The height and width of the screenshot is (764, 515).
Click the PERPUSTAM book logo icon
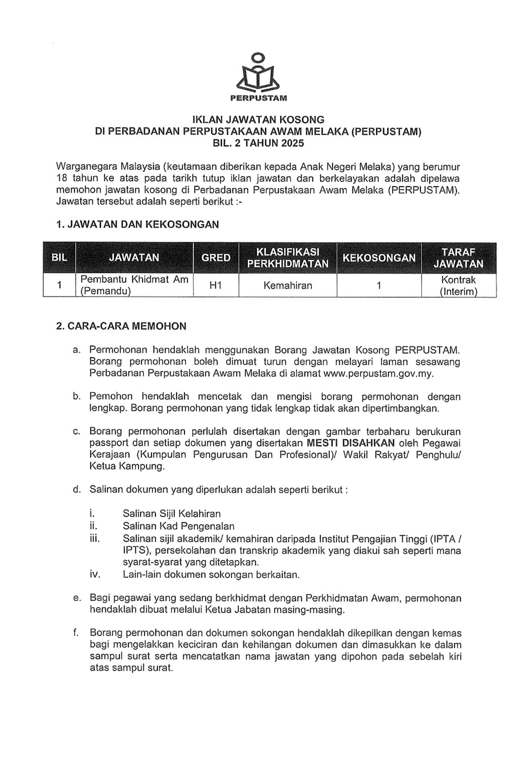click(x=258, y=73)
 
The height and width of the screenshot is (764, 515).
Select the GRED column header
click(x=216, y=258)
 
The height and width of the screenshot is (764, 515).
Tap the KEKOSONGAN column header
click(x=379, y=258)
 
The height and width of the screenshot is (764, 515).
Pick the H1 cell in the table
click(x=216, y=286)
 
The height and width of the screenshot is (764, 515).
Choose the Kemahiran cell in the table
click(x=287, y=286)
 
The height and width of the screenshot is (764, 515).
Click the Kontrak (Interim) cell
click(x=458, y=286)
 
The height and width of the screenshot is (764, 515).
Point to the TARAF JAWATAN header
click(x=458, y=258)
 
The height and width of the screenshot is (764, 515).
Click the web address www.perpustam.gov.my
click(x=378, y=374)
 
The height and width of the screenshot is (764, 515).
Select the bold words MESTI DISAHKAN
click(x=351, y=443)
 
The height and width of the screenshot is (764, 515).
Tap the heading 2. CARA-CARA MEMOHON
click(x=121, y=326)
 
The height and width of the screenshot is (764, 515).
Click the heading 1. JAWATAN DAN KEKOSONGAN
click(x=137, y=225)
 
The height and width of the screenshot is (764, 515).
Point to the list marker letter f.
click(x=76, y=633)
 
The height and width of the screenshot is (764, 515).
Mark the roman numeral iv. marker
click(x=95, y=575)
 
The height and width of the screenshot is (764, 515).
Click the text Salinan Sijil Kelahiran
click(x=172, y=513)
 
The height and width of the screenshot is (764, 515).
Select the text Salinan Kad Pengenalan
click(x=178, y=526)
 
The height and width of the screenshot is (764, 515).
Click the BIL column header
click(x=59, y=258)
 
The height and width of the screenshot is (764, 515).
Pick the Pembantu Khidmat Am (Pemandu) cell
click(x=134, y=285)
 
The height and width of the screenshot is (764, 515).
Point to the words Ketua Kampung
click(x=127, y=466)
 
